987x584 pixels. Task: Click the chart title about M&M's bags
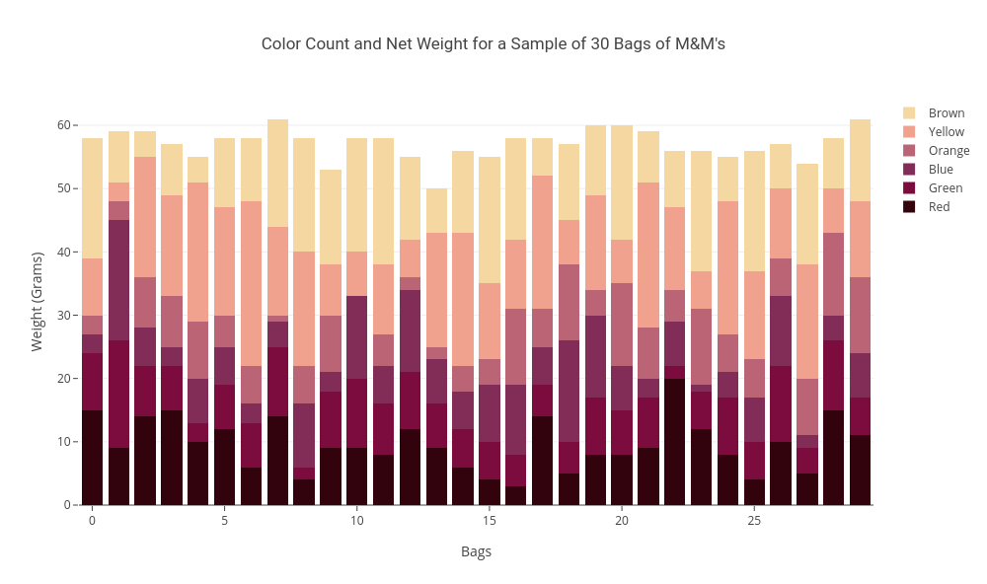pos(493,44)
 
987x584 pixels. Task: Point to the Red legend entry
pos(939,207)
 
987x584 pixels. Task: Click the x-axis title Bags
pos(476,551)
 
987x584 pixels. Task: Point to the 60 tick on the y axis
pos(63,125)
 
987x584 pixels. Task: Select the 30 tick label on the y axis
pos(63,316)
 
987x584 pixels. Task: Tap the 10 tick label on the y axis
pos(63,442)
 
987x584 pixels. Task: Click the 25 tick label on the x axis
pos(754,521)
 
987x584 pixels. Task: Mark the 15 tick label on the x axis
pos(490,521)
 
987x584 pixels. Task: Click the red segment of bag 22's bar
pos(675,442)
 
